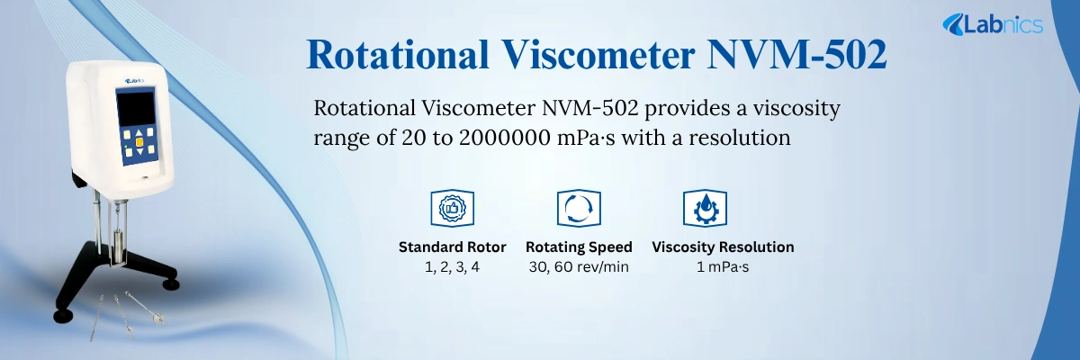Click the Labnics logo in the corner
pyautogui.click(x=992, y=24)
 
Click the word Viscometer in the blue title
pyautogui.click(x=598, y=55)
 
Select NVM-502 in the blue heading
pyautogui.click(x=796, y=55)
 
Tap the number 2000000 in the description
pyautogui.click(x=505, y=138)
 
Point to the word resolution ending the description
pyautogui.click(x=740, y=138)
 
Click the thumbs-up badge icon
pyautogui.click(x=452, y=208)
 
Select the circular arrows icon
pyautogui.click(x=579, y=208)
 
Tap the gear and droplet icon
pyautogui.click(x=705, y=208)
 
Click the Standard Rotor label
pyautogui.click(x=452, y=247)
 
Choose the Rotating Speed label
pyautogui.click(x=579, y=247)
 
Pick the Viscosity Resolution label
pyautogui.click(x=723, y=247)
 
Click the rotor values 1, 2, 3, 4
pyautogui.click(x=452, y=267)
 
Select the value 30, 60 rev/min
pyautogui.click(x=579, y=267)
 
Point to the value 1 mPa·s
pyautogui.click(x=723, y=267)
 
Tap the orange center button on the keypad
pyautogui.click(x=139, y=142)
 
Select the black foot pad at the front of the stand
pyautogui.click(x=63, y=316)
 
